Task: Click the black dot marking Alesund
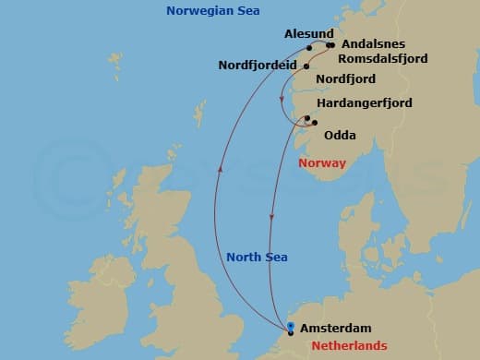pyautogui.click(x=310, y=48)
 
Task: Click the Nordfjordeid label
pyautogui.click(x=258, y=66)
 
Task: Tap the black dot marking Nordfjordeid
pyautogui.click(x=306, y=66)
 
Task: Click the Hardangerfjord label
pyautogui.click(x=364, y=102)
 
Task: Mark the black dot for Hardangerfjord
pyautogui.click(x=306, y=117)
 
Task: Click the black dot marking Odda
pyautogui.click(x=315, y=123)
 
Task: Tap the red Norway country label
pyautogui.click(x=322, y=163)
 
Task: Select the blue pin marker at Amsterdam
pyautogui.click(x=290, y=326)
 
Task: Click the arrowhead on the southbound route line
pyautogui.click(x=271, y=218)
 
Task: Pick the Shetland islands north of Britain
pyautogui.click(x=198, y=115)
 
